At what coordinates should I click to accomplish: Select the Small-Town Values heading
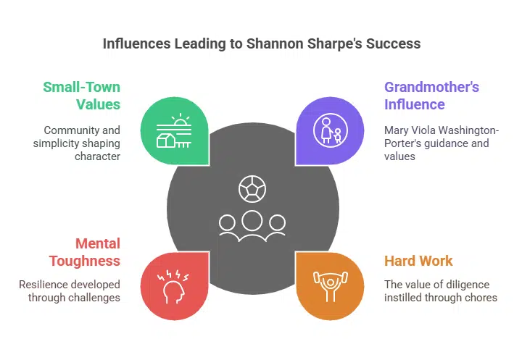(81, 95)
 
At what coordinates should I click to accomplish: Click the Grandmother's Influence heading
(431, 95)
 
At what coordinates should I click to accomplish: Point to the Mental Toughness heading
(84, 252)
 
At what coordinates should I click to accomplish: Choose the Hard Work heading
(418, 261)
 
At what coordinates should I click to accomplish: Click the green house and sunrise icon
(173, 132)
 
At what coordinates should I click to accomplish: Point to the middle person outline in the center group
(252, 222)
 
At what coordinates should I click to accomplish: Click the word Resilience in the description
(46, 284)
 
